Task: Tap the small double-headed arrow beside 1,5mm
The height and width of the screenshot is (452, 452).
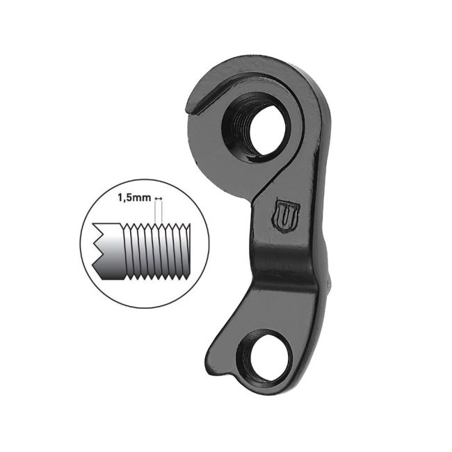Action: click(x=159, y=200)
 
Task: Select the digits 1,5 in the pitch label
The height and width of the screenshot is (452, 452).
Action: click(x=124, y=199)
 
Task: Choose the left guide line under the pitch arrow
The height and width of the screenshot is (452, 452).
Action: click(x=156, y=214)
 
